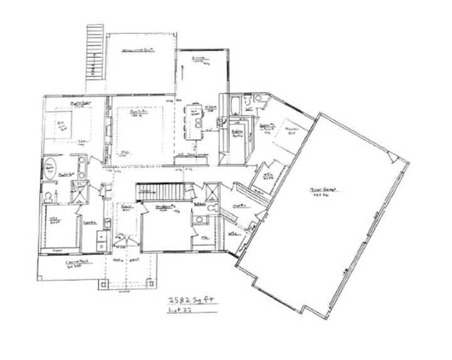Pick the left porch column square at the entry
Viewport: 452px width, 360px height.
[101, 286]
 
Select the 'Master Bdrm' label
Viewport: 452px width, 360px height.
[77, 104]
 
